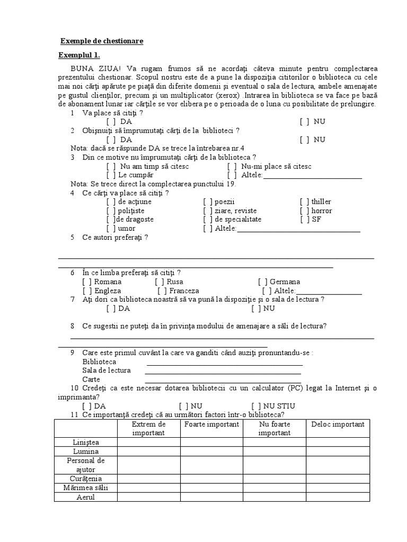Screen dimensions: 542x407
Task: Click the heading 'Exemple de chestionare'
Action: (x=101, y=41)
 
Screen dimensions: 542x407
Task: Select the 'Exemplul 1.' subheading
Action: (x=79, y=56)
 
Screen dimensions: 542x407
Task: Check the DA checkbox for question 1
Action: (x=111, y=122)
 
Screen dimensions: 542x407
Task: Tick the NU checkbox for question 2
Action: (x=304, y=140)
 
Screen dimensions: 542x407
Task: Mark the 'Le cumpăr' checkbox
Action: (x=111, y=175)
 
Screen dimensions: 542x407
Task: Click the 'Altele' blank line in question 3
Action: (x=312, y=175)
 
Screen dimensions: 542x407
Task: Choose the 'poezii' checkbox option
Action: (x=208, y=202)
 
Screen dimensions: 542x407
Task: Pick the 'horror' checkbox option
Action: (x=304, y=211)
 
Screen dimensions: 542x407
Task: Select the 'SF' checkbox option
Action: (x=304, y=219)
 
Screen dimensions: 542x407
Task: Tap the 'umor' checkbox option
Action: (x=111, y=229)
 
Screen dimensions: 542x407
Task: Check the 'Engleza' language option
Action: (x=87, y=291)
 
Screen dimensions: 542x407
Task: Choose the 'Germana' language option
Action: (x=263, y=282)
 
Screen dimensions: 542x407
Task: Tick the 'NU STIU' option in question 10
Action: (x=256, y=406)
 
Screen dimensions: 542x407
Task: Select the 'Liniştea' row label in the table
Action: (x=86, y=442)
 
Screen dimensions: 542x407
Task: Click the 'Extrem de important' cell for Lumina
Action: (x=149, y=451)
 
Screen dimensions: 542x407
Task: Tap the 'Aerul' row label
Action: (x=86, y=497)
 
